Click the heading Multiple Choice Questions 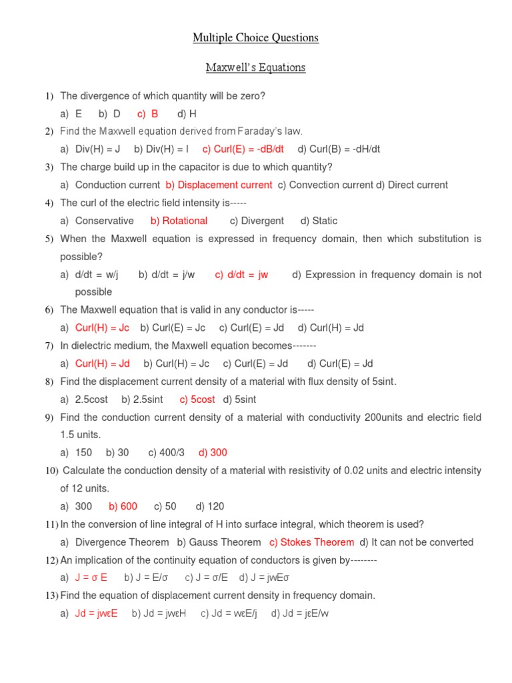[256, 38]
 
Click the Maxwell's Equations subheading [256, 67]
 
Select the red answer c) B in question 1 [148, 114]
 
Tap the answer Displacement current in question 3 [219, 185]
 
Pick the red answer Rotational [179, 221]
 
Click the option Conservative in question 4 [104, 221]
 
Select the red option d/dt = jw [241, 275]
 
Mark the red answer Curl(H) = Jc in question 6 [102, 327]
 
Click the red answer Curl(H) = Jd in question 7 [103, 364]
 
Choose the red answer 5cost [197, 400]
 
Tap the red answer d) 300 [213, 452]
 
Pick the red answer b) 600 [123, 506]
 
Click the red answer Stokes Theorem [311, 542]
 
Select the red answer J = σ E [91, 578]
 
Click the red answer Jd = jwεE [97, 614]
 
